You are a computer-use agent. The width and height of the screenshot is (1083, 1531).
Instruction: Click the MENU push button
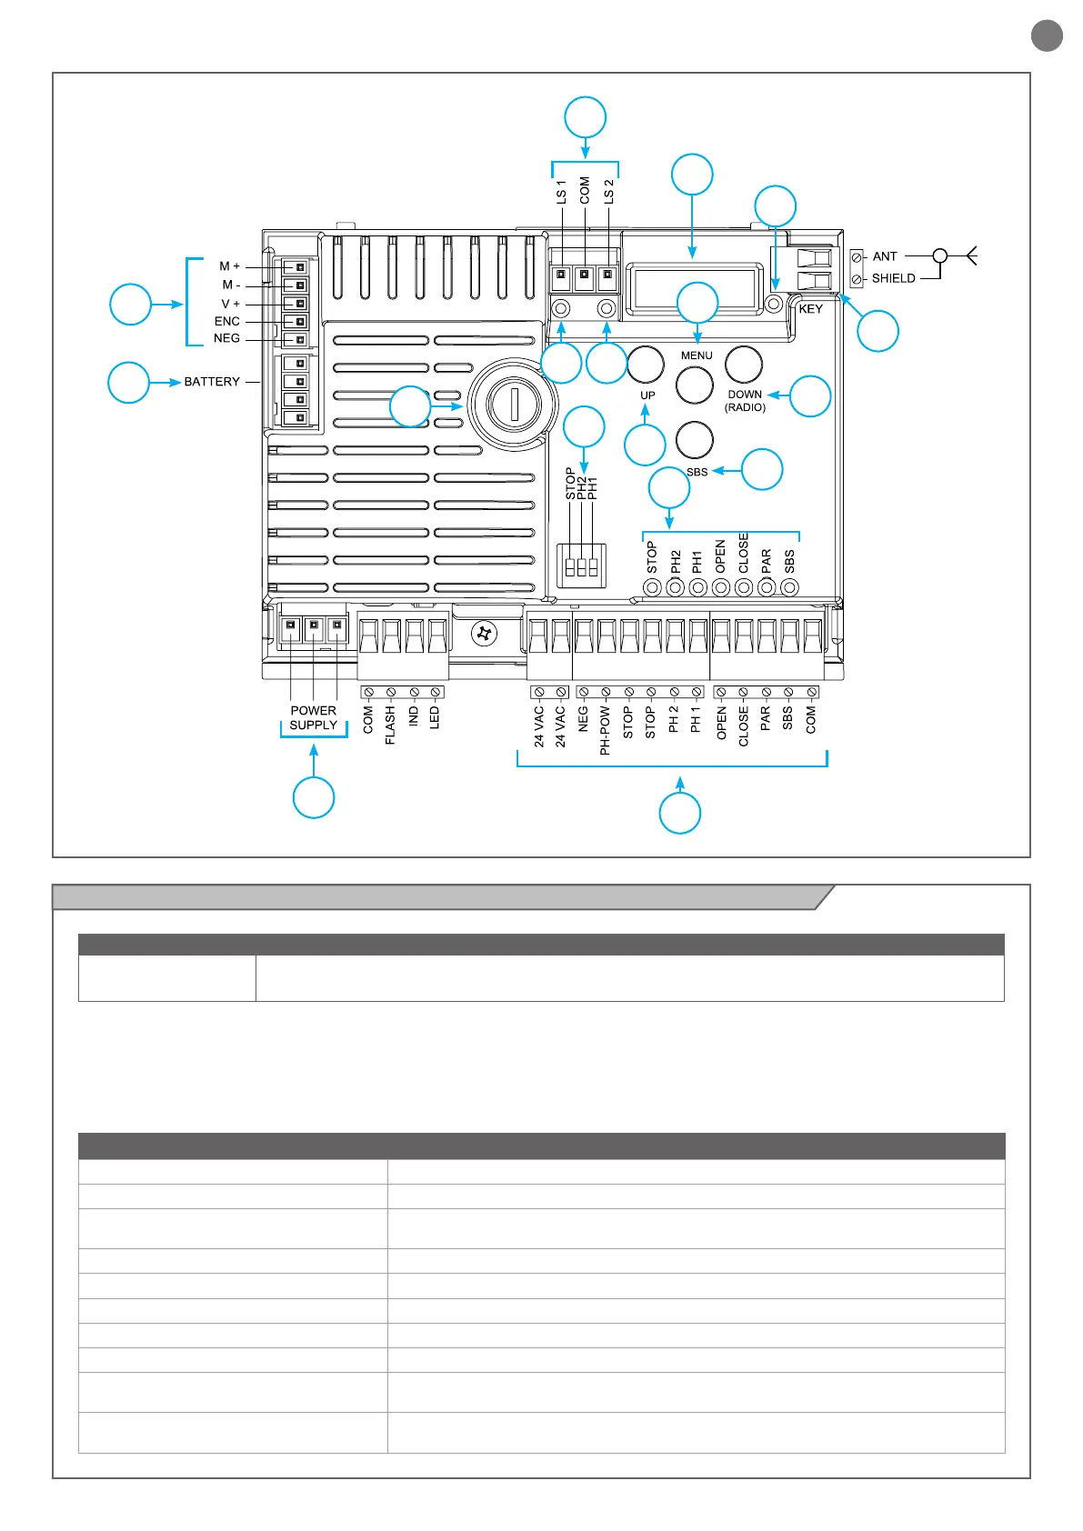(695, 385)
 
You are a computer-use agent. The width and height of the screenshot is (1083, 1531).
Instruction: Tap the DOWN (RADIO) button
(743, 364)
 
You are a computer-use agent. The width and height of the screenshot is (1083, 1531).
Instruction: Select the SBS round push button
(695, 440)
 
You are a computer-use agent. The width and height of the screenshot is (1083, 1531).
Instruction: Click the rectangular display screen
(697, 287)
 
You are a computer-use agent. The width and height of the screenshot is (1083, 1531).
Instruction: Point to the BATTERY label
(212, 382)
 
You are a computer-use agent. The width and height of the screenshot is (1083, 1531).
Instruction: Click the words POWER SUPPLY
(314, 718)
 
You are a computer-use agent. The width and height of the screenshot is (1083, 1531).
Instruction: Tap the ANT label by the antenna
(885, 256)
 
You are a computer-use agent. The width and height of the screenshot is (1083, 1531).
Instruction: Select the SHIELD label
(893, 278)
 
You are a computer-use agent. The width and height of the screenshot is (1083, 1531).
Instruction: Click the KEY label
(810, 309)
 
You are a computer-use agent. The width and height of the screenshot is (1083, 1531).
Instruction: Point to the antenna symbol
(969, 255)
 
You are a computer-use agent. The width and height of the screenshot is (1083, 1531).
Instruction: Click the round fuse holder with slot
(513, 404)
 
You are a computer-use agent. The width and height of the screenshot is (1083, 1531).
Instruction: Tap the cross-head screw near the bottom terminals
(485, 633)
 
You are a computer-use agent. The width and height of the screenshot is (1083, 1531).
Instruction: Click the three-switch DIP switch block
(581, 566)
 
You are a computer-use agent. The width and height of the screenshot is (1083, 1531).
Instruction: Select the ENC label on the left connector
(227, 321)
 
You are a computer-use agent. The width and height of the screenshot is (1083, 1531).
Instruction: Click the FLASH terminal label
(391, 725)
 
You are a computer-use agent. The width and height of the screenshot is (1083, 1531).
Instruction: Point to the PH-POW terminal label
(605, 731)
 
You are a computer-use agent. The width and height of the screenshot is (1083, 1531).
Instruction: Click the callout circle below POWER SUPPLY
(314, 797)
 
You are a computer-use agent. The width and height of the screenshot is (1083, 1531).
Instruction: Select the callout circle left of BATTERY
(128, 383)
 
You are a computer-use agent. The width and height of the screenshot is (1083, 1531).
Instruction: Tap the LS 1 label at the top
(561, 191)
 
